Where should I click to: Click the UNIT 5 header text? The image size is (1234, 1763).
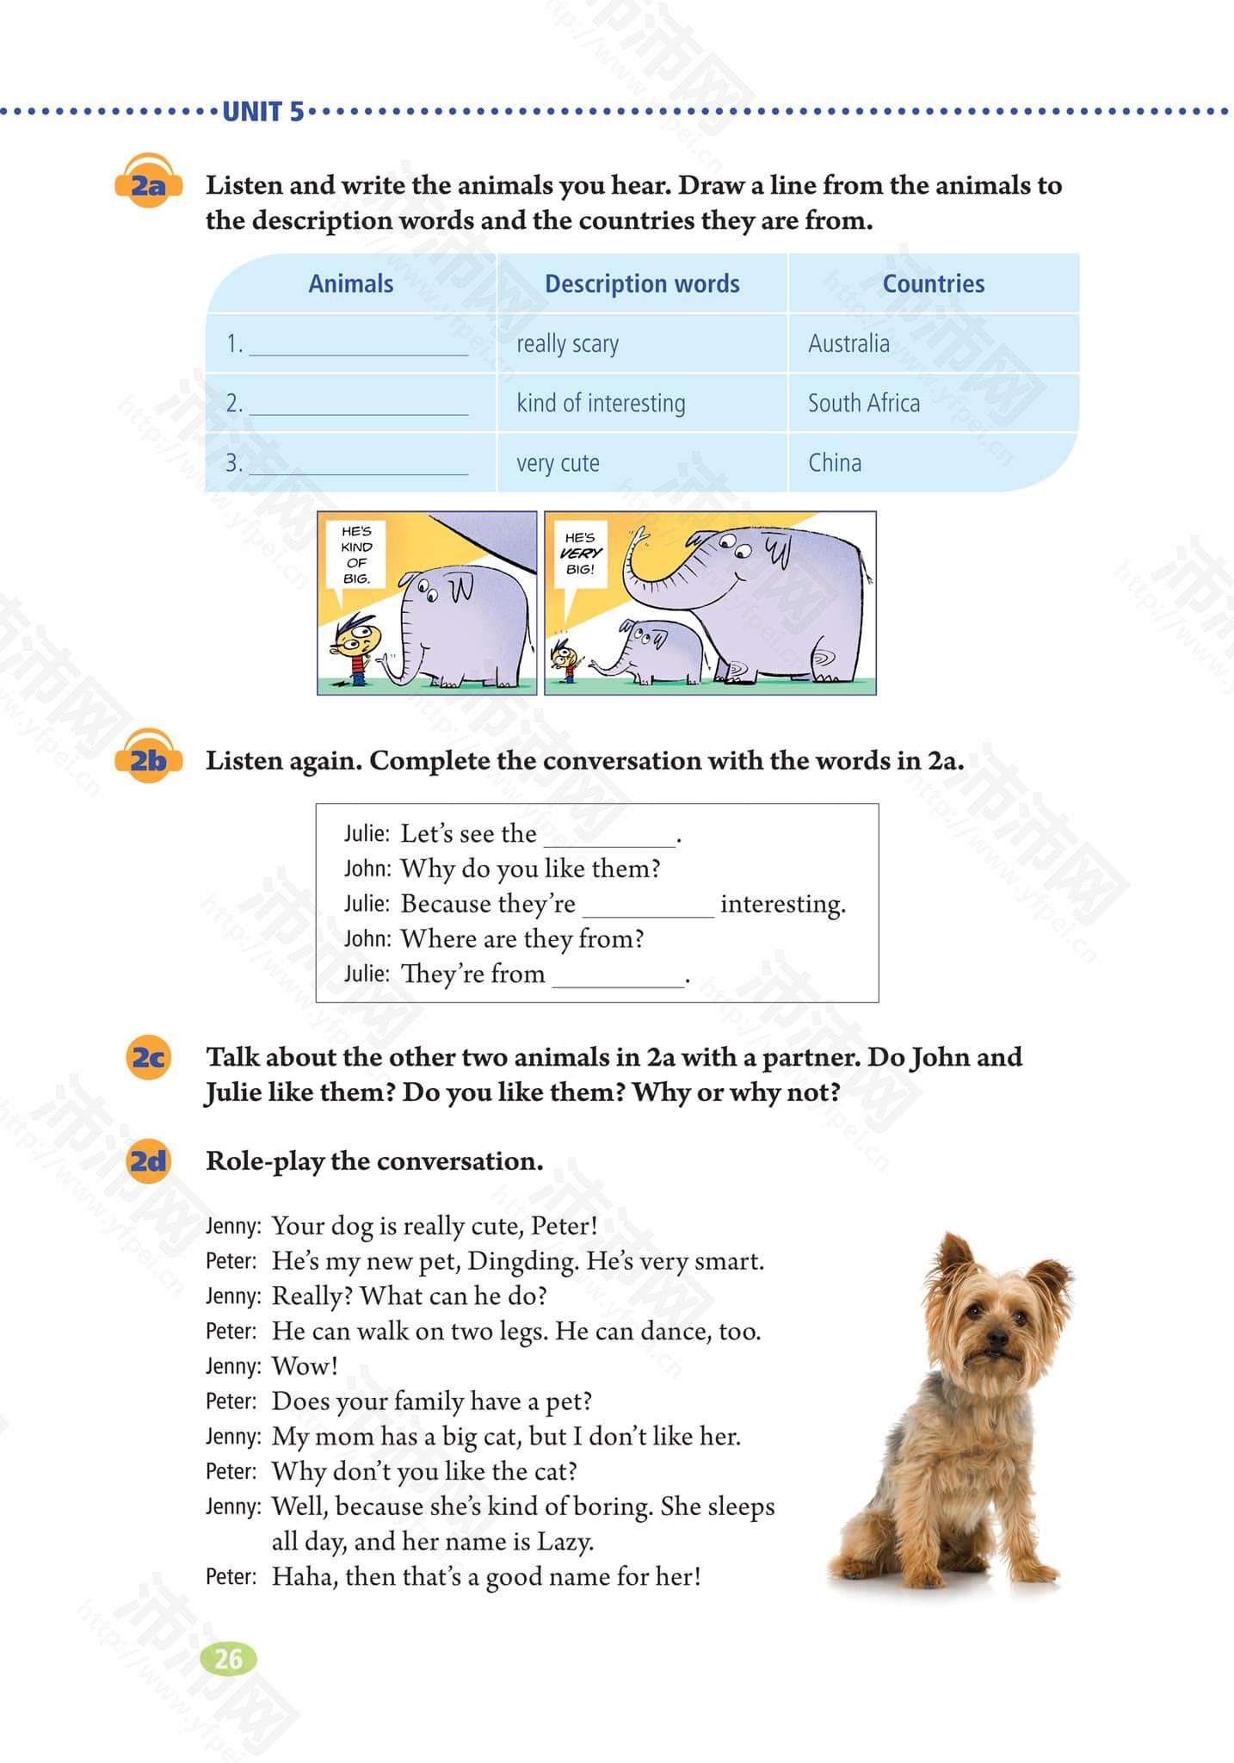(262, 112)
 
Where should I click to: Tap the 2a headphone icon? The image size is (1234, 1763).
(148, 182)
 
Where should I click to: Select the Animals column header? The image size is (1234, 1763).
(350, 284)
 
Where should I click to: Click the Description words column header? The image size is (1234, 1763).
(642, 284)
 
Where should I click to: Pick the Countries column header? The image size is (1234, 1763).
(933, 284)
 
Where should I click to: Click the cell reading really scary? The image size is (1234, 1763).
(567, 344)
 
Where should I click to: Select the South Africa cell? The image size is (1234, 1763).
(863, 403)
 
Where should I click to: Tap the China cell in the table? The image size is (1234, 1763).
(834, 463)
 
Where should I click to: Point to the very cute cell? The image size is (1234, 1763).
(558, 463)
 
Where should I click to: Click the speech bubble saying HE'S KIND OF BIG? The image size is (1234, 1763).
(355, 555)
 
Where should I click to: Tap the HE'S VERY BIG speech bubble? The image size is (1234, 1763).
(580, 554)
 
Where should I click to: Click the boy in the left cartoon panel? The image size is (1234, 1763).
(355, 648)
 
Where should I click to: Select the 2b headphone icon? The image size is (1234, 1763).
(148, 758)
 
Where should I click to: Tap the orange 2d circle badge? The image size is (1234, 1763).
(148, 1161)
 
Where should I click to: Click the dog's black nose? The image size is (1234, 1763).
(996, 1339)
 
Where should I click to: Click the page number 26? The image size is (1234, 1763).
(228, 1659)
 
